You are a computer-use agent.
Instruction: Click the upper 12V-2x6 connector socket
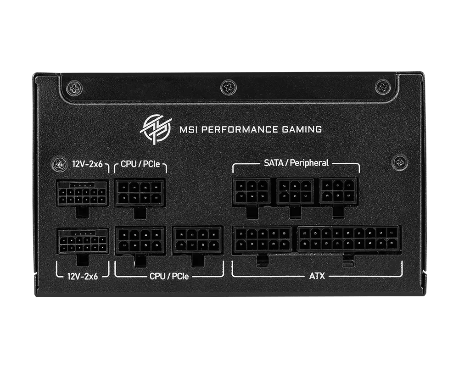[81, 193]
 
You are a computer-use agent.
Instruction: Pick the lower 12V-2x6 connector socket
[81, 241]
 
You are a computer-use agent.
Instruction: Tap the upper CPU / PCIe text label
[140, 164]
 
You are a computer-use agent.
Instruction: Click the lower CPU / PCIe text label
[169, 276]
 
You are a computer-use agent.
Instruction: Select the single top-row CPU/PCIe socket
[140, 192]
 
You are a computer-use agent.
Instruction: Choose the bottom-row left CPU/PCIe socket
[140, 240]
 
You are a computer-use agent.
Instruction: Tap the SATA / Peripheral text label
[296, 162]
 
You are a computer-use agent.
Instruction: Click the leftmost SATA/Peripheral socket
[251, 191]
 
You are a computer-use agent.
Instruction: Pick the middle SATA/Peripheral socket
[295, 191]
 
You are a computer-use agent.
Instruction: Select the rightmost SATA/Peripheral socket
[339, 190]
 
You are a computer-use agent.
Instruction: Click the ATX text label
[317, 276]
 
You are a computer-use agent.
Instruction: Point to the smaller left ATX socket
[262, 239]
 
